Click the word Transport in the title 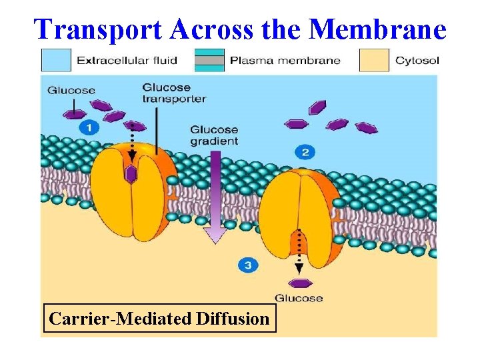point(97,29)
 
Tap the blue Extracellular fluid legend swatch point(56,60)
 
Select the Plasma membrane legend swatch point(209,60)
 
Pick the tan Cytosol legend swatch point(374,60)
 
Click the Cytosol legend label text point(417,61)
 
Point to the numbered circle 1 point(89,127)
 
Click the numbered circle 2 point(305,153)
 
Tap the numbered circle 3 point(247,265)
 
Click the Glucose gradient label point(214,135)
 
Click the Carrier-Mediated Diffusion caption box point(158,319)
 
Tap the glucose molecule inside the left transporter point(131,175)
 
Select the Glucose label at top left point(71,91)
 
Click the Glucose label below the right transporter point(299,298)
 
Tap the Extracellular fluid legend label point(127,61)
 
